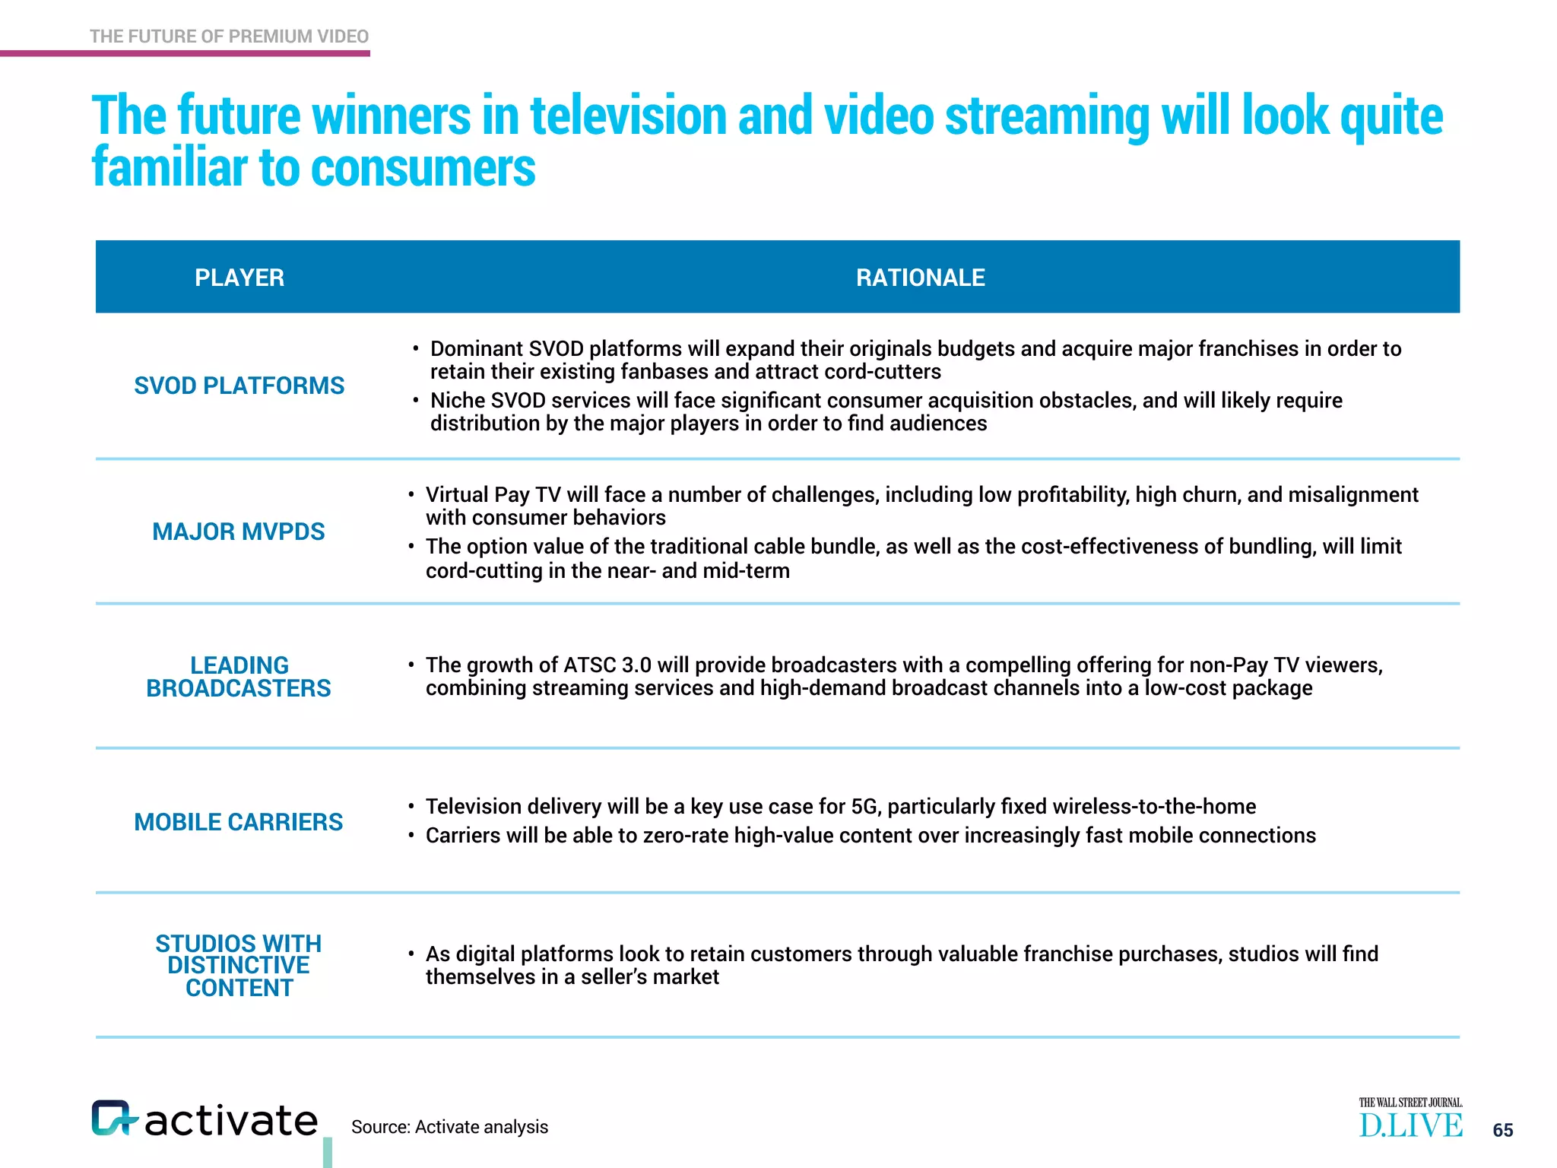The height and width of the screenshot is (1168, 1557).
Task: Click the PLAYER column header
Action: (239, 278)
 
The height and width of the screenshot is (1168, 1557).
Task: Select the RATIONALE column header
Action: (920, 278)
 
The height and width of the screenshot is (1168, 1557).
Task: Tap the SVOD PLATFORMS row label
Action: (239, 386)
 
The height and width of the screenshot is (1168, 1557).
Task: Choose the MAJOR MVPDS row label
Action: (238, 532)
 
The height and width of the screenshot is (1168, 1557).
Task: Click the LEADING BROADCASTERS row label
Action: (239, 677)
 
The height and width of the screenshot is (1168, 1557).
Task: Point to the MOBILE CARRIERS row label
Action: (238, 822)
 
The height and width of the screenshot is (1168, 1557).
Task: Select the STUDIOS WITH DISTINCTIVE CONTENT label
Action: (239, 966)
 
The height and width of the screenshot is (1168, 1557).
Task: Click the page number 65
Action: (1502, 1130)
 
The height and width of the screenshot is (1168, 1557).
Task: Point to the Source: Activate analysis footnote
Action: (449, 1127)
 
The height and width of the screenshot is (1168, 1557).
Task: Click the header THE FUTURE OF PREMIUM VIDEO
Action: (229, 36)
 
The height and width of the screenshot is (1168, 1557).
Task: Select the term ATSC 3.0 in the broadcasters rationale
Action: (607, 665)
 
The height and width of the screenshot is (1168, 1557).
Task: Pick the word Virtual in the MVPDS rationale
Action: (457, 495)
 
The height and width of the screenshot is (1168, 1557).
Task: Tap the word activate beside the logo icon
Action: (231, 1121)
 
